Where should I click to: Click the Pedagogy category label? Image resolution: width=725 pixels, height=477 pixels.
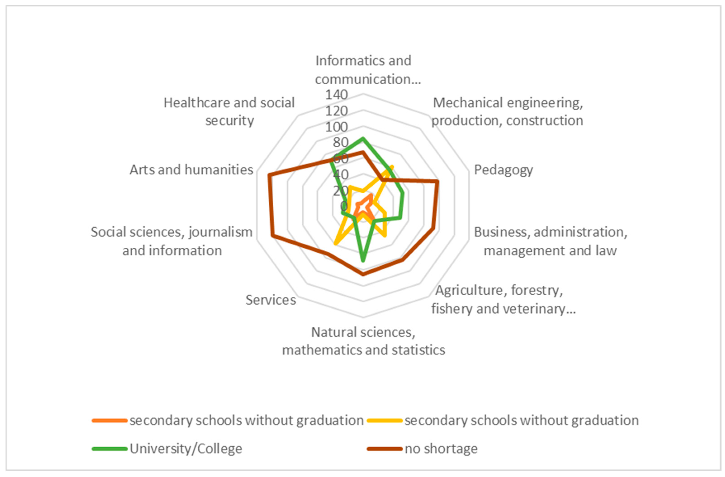(503, 170)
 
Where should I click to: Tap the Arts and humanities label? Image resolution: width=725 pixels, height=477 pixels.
(191, 170)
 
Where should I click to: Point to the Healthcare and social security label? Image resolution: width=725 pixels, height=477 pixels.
(229, 112)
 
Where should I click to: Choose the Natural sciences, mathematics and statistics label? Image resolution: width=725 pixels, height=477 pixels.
(363, 341)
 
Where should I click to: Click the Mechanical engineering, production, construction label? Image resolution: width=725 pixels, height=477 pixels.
(507, 112)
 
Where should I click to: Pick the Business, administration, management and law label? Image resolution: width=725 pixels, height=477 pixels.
(550, 241)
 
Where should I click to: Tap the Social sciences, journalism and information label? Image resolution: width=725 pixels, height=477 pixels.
(172, 241)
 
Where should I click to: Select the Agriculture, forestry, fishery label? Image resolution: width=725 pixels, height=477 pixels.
(503, 299)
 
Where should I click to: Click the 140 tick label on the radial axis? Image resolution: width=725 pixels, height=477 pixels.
(336, 95)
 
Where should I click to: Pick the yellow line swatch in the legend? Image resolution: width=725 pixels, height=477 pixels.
(385, 421)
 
